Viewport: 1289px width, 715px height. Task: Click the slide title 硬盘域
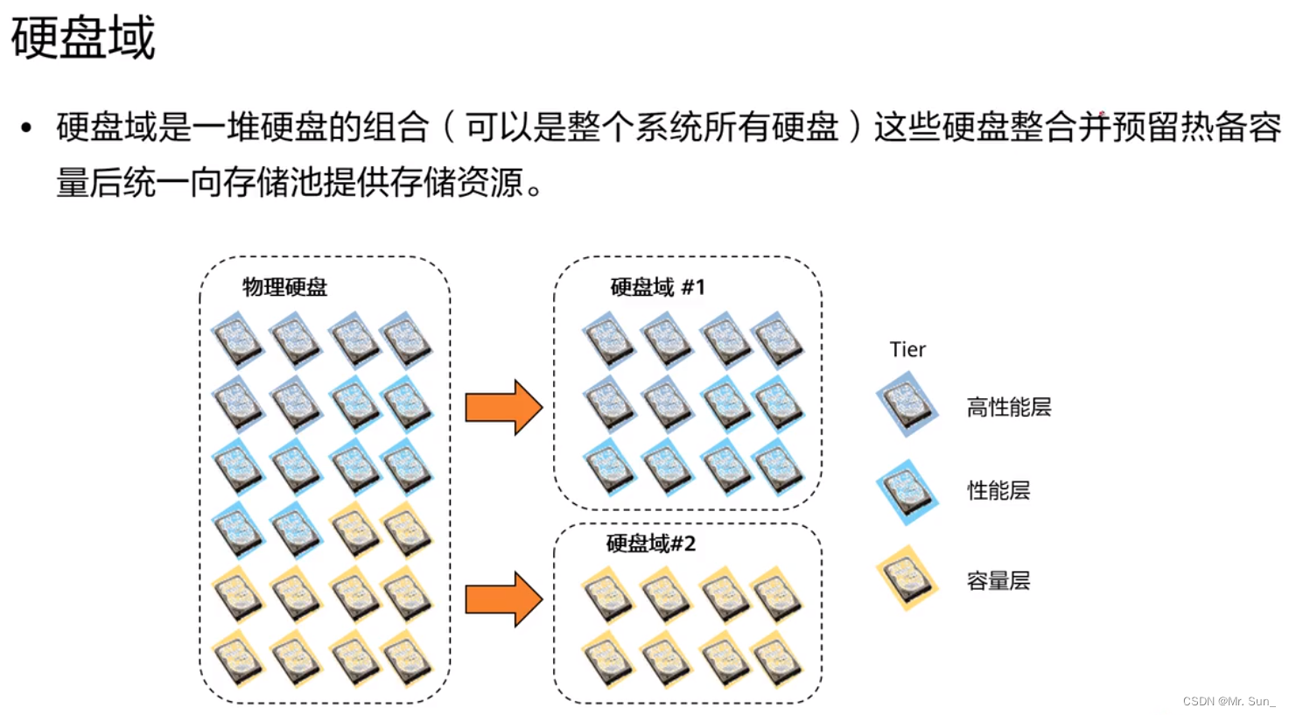[x=83, y=38]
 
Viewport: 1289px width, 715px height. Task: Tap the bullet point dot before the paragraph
[x=26, y=129]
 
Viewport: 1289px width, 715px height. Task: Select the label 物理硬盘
[x=284, y=287]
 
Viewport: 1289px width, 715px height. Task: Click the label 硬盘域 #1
[x=657, y=287]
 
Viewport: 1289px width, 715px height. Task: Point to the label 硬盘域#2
[x=650, y=543]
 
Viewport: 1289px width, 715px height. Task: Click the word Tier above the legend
[x=907, y=349]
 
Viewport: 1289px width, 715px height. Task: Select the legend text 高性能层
[x=1008, y=407]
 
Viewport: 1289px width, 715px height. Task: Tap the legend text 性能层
[x=998, y=490]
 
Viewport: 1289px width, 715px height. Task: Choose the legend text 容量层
[x=998, y=580]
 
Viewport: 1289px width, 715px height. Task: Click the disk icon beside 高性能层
[x=907, y=404]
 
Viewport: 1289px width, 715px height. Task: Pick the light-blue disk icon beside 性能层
[x=907, y=491]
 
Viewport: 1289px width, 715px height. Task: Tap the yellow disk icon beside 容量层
[x=907, y=578]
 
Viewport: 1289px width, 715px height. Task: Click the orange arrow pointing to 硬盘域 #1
[x=503, y=407]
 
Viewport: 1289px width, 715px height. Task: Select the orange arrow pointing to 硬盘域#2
[x=503, y=599]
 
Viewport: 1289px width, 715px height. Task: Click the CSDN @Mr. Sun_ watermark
[x=1229, y=701]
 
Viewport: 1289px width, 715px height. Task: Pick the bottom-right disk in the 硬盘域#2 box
[x=777, y=659]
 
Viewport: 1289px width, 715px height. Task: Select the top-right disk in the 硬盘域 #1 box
[x=777, y=340]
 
